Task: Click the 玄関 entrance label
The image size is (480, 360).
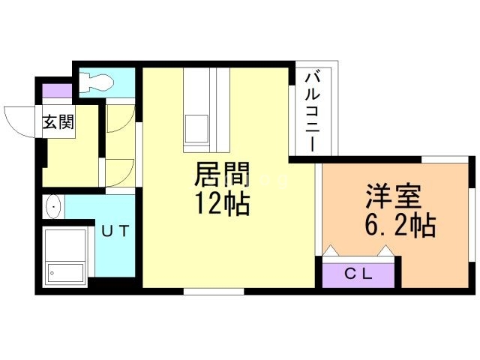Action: (x=58, y=121)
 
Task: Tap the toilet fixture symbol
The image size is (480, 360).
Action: (x=95, y=81)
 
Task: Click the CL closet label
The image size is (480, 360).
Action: (x=358, y=274)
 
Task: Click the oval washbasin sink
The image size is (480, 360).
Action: (x=52, y=206)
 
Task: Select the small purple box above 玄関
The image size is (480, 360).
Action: (x=56, y=91)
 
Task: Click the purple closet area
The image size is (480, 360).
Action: (x=358, y=271)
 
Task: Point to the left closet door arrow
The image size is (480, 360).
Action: (x=331, y=250)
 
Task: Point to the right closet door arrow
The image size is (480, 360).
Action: (x=386, y=250)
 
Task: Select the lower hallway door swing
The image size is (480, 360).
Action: (x=120, y=172)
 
